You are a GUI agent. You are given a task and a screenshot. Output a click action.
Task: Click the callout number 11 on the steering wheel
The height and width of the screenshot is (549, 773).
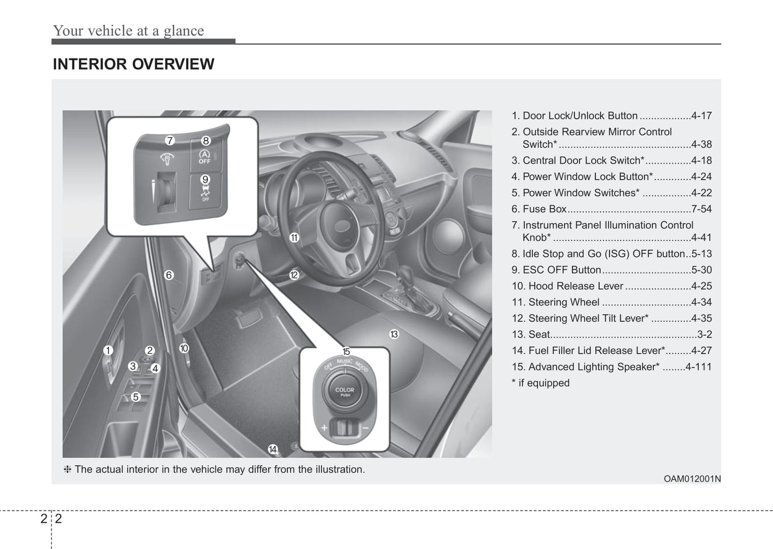pyautogui.click(x=294, y=238)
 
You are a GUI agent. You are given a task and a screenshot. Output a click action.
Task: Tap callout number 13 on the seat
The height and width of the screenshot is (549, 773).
pyautogui.click(x=394, y=334)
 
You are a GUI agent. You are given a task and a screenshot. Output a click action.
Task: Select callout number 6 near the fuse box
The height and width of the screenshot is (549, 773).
pyautogui.click(x=169, y=275)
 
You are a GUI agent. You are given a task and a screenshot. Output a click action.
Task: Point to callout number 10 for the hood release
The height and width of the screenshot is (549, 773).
pyautogui.click(x=184, y=348)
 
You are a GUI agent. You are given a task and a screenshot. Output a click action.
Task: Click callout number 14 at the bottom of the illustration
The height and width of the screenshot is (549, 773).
pyautogui.click(x=273, y=449)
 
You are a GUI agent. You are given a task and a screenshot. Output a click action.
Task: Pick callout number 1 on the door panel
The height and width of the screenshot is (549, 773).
pyautogui.click(x=108, y=350)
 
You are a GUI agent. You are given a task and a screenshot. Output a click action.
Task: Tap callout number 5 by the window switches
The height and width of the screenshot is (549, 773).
pyautogui.click(x=136, y=397)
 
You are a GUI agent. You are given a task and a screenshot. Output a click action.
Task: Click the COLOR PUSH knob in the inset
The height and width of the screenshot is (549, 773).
pyautogui.click(x=345, y=392)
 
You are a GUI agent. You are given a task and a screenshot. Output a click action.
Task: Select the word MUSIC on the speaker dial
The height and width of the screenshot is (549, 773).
pyautogui.click(x=345, y=361)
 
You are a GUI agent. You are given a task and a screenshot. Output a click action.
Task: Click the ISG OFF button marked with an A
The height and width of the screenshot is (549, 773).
pyautogui.click(x=204, y=157)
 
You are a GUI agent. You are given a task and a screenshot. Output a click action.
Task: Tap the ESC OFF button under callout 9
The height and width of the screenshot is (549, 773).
pyautogui.click(x=205, y=193)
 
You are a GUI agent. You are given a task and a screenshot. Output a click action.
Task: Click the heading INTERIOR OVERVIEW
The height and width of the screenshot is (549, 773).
pyautogui.click(x=133, y=64)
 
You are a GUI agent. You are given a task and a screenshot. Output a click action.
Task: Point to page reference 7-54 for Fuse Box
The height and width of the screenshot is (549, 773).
pyautogui.click(x=701, y=209)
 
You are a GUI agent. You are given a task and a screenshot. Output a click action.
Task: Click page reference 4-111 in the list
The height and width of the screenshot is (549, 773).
pyautogui.click(x=698, y=367)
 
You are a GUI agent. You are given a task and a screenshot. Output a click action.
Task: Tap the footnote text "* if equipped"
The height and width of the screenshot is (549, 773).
pyautogui.click(x=540, y=383)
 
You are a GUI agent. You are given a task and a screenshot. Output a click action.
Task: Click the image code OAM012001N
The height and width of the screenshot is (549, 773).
pyautogui.click(x=692, y=479)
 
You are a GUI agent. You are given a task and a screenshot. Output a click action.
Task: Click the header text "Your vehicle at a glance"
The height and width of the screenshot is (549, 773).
pyautogui.click(x=128, y=30)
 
